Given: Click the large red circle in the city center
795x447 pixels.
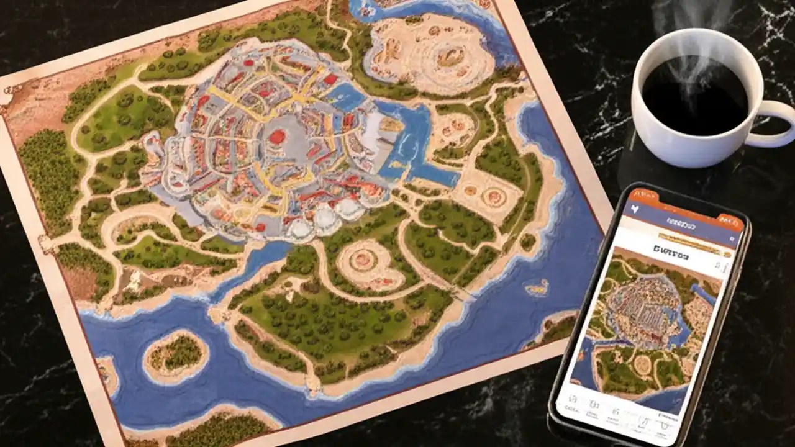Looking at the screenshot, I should coord(276,137).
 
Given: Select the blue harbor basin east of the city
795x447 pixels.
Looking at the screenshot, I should coord(410,143).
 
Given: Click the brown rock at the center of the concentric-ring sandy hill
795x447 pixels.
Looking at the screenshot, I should coord(449,57).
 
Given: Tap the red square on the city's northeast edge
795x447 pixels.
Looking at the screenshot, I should coord(330,79).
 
